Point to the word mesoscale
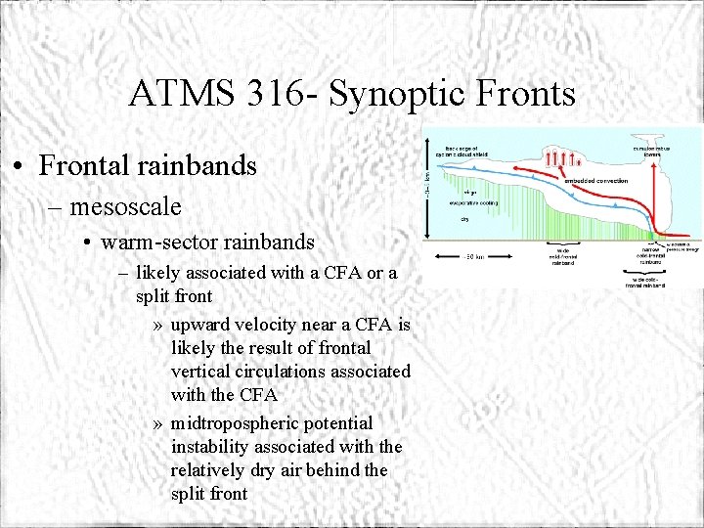click(125, 206)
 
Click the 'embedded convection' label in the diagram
click(595, 181)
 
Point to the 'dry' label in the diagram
click(465, 220)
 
